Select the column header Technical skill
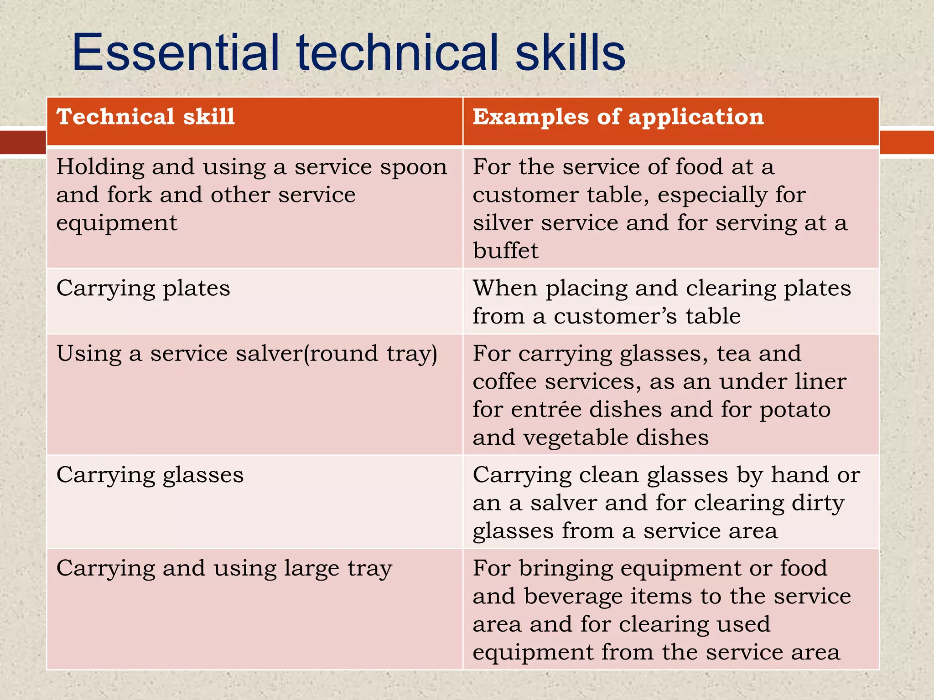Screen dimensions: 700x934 click(x=145, y=117)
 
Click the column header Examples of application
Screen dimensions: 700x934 click(x=618, y=117)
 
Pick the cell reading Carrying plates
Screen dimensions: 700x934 click(x=143, y=288)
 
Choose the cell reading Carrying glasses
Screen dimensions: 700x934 click(x=150, y=475)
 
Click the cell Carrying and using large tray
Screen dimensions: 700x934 click(x=224, y=569)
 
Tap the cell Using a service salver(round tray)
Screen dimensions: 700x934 click(x=247, y=354)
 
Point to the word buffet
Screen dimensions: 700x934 click(x=505, y=251)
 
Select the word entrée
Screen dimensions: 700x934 click(x=546, y=409)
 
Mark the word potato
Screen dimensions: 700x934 click(x=795, y=409)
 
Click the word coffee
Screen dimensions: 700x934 click(x=504, y=381)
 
